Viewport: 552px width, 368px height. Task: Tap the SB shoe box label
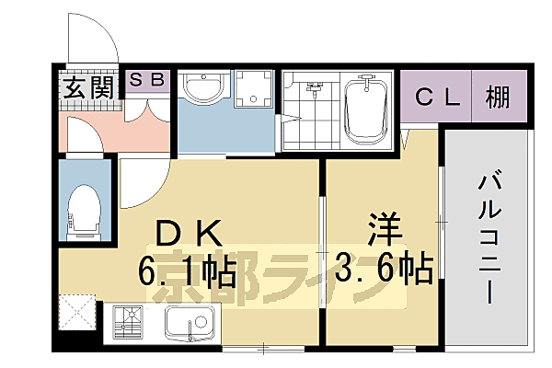point(147,80)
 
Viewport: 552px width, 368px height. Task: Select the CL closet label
point(436,96)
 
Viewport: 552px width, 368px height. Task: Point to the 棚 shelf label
point(500,96)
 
